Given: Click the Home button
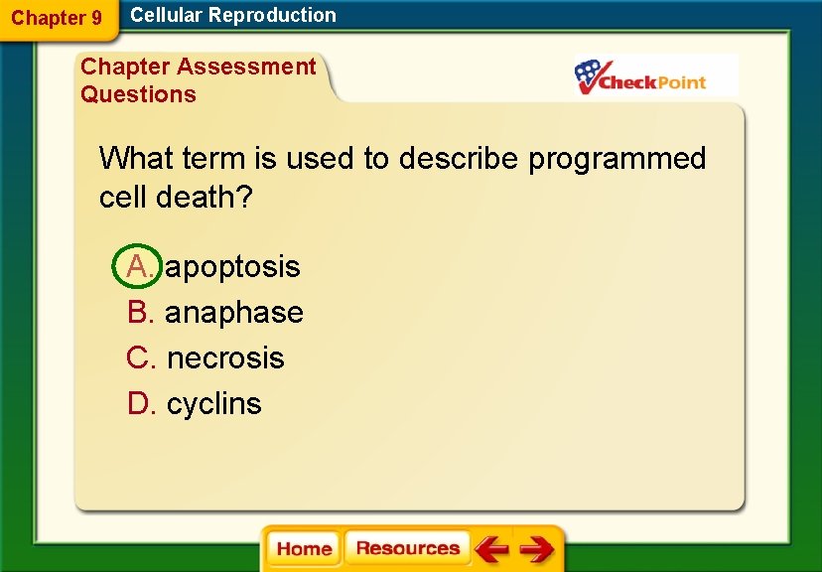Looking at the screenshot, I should [x=304, y=549].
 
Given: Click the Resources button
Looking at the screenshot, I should [x=407, y=549].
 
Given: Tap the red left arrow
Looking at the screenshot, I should [x=491, y=549].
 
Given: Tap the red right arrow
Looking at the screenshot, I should [x=536, y=549].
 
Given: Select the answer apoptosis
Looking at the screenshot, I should [x=232, y=266].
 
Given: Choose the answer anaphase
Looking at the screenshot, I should [x=234, y=312].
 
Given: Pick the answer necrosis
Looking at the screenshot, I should [x=225, y=357].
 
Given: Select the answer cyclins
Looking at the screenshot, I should [x=214, y=403].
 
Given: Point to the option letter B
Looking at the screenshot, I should [x=140, y=312].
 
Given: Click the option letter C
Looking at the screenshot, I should [x=140, y=357].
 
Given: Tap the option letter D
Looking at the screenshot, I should [x=140, y=403].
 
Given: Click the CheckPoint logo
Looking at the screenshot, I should [x=641, y=76].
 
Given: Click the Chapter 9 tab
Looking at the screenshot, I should [x=57, y=18].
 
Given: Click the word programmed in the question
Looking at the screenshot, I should [x=616, y=158].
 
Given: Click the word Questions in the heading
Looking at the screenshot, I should [x=138, y=94].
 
